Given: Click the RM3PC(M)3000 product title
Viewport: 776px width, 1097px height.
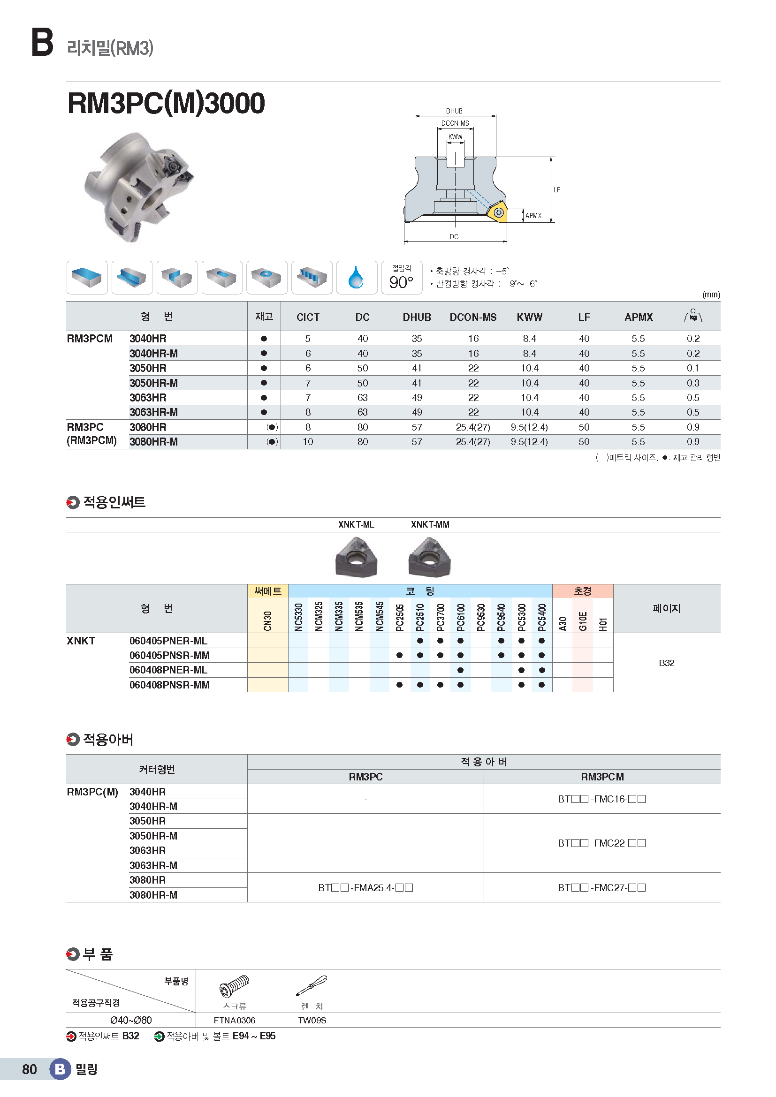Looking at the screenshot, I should [166, 103].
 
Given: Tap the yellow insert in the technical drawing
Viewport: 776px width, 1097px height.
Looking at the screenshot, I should [497, 212].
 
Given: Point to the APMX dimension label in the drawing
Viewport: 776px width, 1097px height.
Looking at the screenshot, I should [533, 216].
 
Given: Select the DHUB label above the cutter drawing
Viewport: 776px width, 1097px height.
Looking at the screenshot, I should [454, 111].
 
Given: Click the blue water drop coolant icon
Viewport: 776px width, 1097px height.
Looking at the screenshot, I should [356, 278].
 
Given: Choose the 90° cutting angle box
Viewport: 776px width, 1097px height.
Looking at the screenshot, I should [402, 278].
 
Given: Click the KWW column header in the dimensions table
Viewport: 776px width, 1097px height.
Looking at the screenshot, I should [529, 317].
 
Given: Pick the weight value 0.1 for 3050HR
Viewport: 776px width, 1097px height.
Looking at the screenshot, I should [692, 368].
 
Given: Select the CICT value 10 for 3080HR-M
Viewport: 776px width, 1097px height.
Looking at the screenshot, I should [308, 442].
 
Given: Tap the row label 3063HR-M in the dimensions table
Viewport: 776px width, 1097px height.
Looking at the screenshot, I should [153, 412].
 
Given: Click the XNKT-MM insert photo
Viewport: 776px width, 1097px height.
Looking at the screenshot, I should [430, 557].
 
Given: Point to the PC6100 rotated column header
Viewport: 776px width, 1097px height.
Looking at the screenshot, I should [461, 617].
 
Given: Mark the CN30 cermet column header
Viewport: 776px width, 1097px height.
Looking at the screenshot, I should [267, 620].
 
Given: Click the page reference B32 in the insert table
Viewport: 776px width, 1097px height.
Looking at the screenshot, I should [666, 663].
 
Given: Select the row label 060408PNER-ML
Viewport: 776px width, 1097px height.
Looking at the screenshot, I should [168, 670].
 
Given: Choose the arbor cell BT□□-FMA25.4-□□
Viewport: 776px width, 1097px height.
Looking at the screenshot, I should [365, 888].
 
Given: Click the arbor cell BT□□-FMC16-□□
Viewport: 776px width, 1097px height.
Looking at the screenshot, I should [601, 799].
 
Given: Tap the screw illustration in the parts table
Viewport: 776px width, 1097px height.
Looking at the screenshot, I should [234, 986].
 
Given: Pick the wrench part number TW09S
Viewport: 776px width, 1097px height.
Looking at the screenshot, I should [312, 1021].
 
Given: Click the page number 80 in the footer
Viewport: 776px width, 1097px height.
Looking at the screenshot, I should [30, 1069].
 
